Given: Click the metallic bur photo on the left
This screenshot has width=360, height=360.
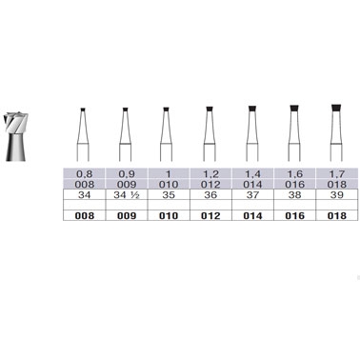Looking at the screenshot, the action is point(16,136).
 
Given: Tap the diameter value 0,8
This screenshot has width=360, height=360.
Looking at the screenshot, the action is point(84,174).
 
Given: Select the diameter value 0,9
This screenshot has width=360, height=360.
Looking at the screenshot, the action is point(127,174).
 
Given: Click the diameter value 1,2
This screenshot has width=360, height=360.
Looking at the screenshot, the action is point(210,174).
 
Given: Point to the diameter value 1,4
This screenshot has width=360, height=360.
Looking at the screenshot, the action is point(252,174).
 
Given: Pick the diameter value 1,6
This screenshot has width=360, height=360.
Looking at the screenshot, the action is point(294,174).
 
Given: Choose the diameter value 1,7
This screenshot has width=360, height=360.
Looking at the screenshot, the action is point(336,174).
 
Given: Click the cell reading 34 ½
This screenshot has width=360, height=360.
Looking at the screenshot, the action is point(127,194).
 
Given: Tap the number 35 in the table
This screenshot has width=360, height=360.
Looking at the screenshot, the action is point(169,194).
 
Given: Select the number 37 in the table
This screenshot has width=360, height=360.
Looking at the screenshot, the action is point(252,194).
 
